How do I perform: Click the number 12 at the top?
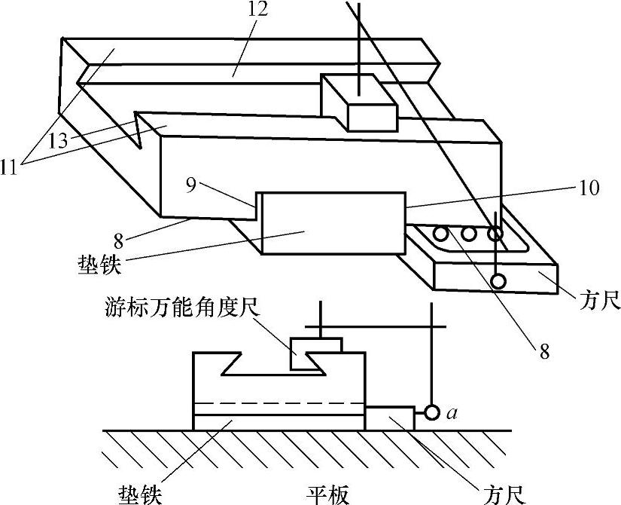click(x=258, y=9)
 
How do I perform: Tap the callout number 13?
click(x=58, y=140)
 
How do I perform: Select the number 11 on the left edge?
click(x=9, y=168)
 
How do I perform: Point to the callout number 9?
click(x=191, y=185)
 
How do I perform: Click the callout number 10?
click(x=589, y=188)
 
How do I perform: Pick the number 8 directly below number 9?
click(x=119, y=240)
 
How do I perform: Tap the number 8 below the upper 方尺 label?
click(x=545, y=351)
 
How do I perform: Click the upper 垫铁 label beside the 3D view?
click(x=99, y=265)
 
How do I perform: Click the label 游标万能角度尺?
click(x=183, y=308)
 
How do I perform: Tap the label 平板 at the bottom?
click(x=328, y=495)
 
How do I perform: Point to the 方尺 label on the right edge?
click(x=599, y=302)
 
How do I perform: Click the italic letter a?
click(x=452, y=414)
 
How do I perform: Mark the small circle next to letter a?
click(x=432, y=413)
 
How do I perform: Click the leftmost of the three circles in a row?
click(x=440, y=234)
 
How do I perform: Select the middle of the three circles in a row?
click(x=468, y=234)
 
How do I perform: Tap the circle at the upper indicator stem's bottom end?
click(x=498, y=281)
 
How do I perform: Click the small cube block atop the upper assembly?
click(x=359, y=103)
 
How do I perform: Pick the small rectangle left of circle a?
click(x=389, y=418)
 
